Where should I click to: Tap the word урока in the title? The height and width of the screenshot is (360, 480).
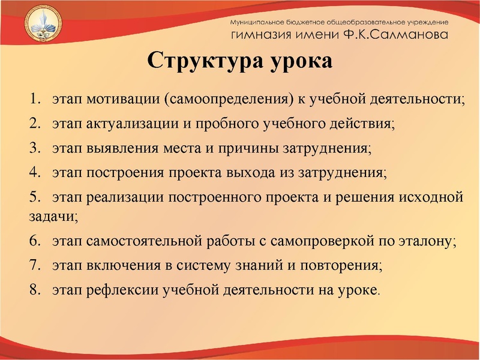300,61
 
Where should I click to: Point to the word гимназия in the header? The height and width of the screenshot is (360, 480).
261,35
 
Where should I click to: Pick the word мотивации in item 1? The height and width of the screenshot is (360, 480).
123,98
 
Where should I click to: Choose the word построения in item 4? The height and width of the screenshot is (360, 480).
125,173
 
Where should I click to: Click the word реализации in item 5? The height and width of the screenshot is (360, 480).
125,197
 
